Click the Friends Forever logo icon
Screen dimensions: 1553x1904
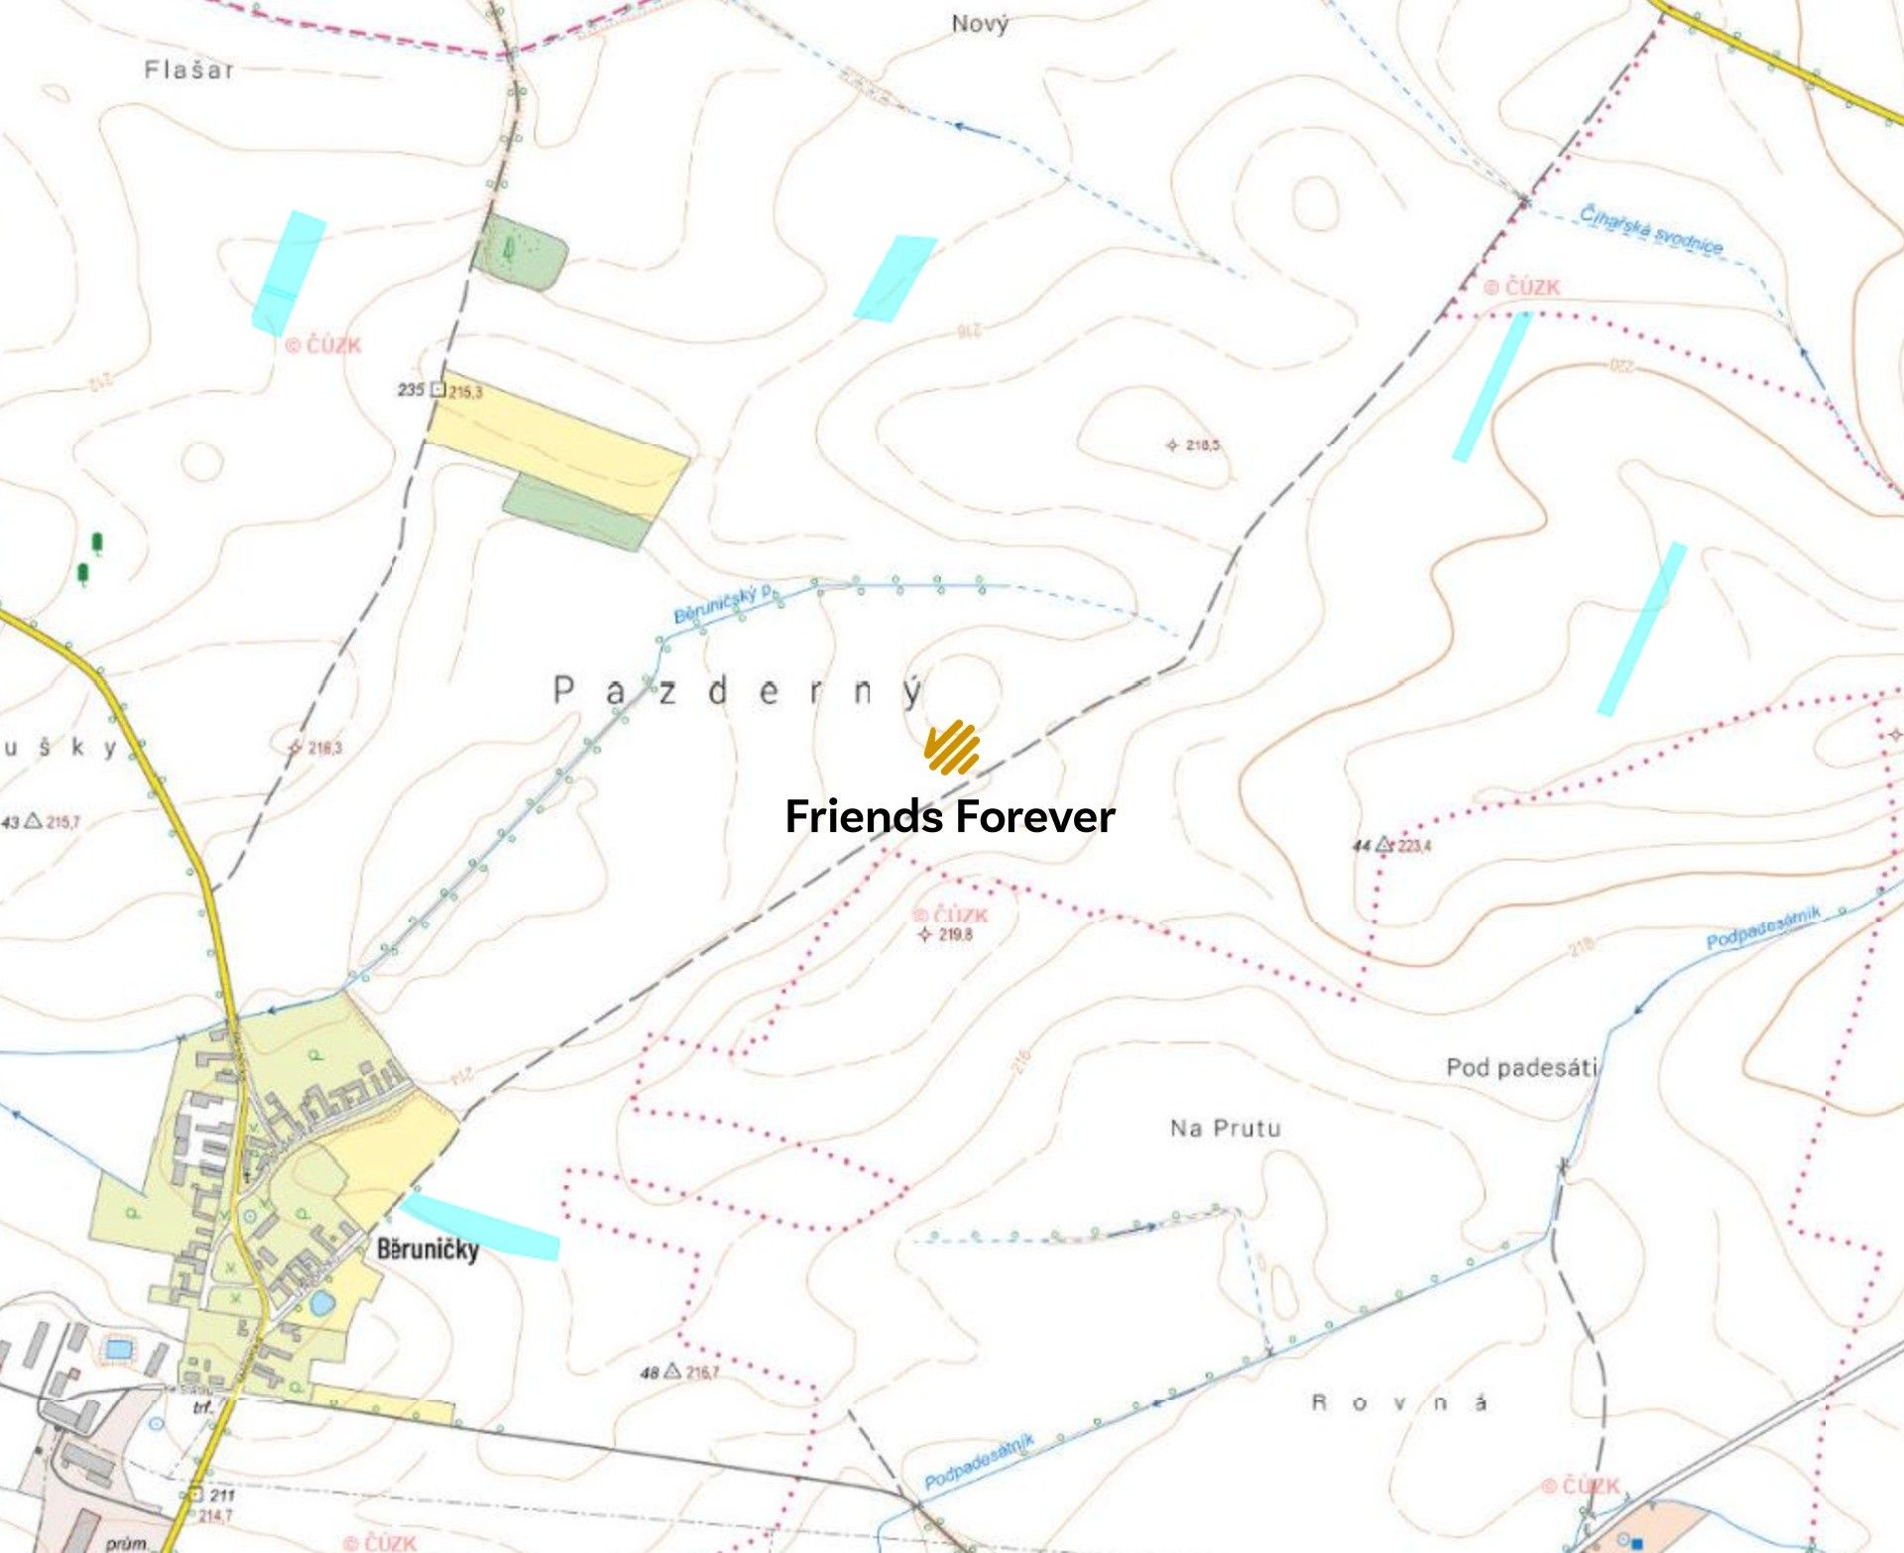pos(952,748)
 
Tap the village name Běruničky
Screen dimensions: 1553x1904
pos(427,1249)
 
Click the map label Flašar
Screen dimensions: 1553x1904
pos(188,70)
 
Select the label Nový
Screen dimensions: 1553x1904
pos(980,24)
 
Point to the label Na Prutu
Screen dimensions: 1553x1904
pos(1225,1128)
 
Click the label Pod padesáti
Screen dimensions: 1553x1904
pos(1521,1068)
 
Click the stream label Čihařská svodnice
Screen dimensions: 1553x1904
pos(1651,230)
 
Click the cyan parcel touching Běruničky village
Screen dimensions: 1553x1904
pos(481,1227)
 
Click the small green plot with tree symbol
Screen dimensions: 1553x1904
pos(520,253)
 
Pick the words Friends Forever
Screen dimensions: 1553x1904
pos(950,817)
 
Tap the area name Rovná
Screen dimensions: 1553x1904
pos(1399,1402)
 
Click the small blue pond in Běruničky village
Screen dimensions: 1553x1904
pos(320,1303)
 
